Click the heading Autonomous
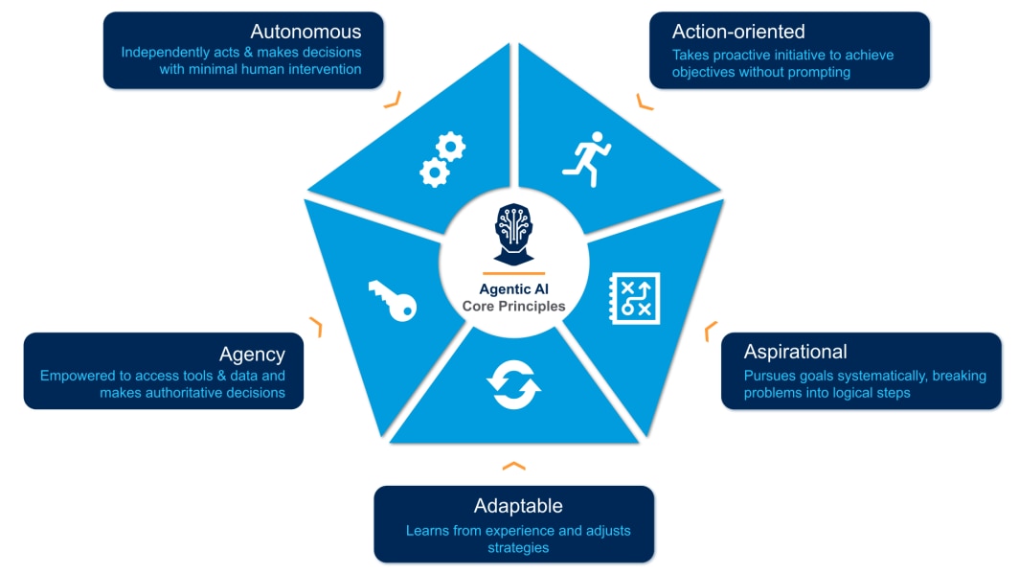[306, 32]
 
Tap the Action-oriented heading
[738, 32]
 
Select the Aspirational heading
[795, 352]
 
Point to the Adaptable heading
[518, 505]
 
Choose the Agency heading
[252, 354]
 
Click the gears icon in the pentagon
[442, 159]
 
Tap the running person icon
[586, 158]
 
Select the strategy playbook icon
[634, 297]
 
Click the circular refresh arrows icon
[513, 382]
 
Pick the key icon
[392, 299]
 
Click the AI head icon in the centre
[514, 233]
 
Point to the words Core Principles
[514, 307]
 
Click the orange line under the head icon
[514, 273]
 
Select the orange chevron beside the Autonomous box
[392, 99]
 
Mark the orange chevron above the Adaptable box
[514, 466]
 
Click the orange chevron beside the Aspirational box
[711, 332]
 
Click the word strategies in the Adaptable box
[518, 547]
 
